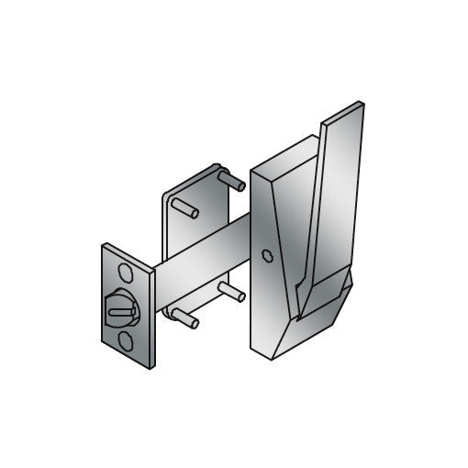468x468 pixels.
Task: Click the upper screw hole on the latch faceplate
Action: click(126, 273)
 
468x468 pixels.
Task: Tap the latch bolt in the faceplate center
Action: click(121, 309)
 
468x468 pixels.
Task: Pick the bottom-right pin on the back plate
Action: click(231, 293)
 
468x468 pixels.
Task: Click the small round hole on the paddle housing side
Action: click(266, 256)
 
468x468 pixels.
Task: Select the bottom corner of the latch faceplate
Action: click(147, 366)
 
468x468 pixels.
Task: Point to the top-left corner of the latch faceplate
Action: click(104, 246)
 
